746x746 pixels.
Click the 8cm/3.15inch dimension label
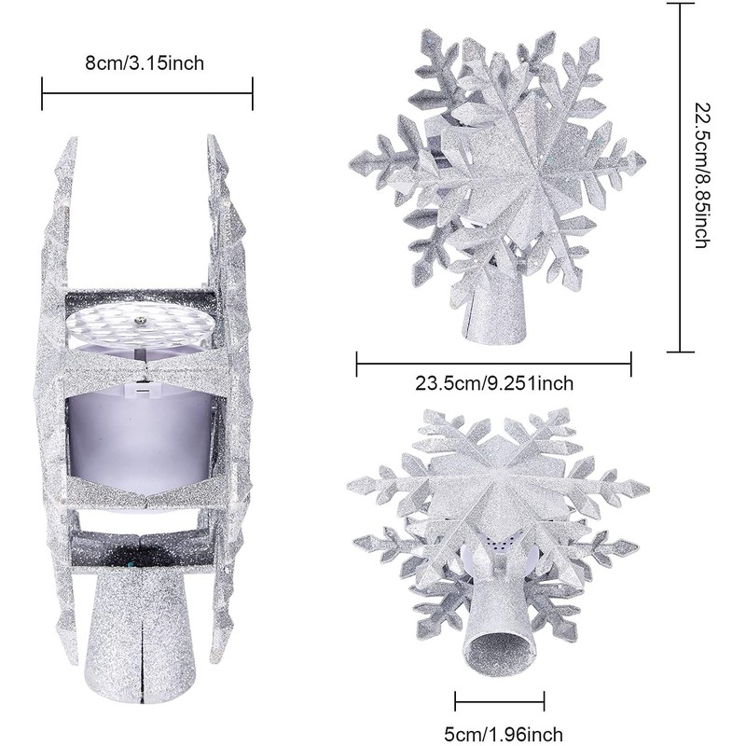[145, 62]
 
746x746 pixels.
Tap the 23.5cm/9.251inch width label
[494, 382]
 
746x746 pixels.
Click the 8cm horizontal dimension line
[147, 92]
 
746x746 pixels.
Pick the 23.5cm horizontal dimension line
[494, 363]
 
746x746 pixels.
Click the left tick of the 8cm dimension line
[43, 92]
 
